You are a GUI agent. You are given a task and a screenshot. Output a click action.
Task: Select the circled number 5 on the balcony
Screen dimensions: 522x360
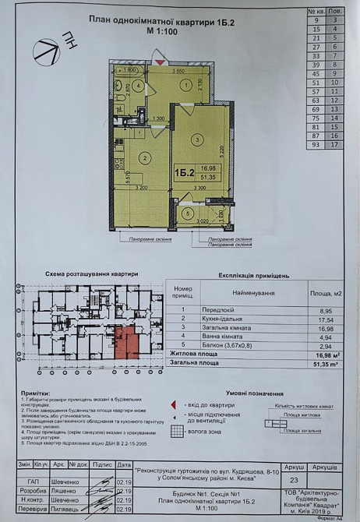188,213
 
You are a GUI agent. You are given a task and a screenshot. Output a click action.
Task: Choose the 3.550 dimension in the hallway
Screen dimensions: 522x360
178,71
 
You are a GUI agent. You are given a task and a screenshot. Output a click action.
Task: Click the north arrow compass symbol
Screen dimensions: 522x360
51,51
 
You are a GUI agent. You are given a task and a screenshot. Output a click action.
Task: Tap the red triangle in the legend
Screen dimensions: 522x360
172,405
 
